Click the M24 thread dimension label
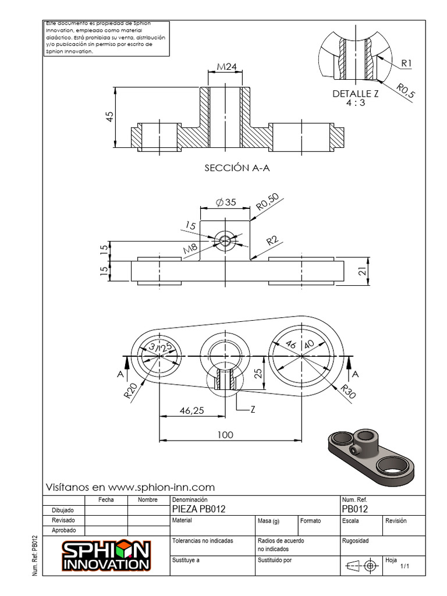[226, 67]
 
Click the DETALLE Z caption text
[356, 94]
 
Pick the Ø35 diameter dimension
[226, 203]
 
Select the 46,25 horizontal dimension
[191, 410]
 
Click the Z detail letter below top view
[253, 410]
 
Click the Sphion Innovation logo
[107, 556]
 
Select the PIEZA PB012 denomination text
[199, 509]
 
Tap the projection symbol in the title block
[361, 565]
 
